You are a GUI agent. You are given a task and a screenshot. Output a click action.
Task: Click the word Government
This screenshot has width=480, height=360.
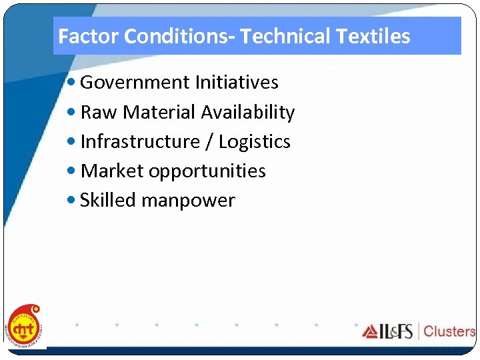135,83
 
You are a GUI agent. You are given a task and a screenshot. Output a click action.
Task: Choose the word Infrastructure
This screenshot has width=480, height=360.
139,141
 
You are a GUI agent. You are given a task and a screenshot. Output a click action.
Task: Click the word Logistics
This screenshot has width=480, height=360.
255,141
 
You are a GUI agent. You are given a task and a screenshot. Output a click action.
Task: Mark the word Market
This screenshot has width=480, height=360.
111,171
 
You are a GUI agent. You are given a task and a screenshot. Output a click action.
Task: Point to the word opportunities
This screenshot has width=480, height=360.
207,171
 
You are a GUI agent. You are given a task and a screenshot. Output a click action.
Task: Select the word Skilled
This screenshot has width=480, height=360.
107,200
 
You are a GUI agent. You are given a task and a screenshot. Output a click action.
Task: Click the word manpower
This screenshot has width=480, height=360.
188,201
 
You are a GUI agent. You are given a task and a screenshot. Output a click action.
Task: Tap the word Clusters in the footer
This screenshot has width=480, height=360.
449,331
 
